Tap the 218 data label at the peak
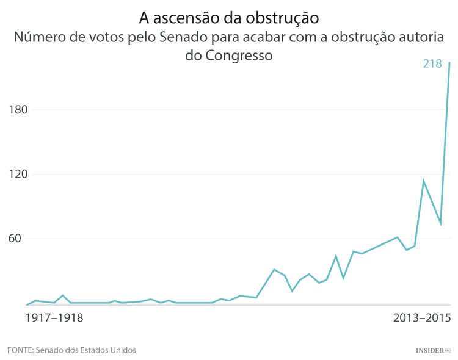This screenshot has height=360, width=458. (x=432, y=63)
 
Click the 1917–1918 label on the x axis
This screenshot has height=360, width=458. (x=55, y=318)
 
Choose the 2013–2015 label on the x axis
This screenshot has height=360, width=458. (x=421, y=318)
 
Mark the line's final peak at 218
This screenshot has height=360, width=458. (x=449, y=63)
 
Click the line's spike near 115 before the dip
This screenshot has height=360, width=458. (x=423, y=181)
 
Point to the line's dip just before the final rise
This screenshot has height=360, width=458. (x=440, y=224)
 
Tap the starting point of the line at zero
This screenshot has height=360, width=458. (x=27, y=304)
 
